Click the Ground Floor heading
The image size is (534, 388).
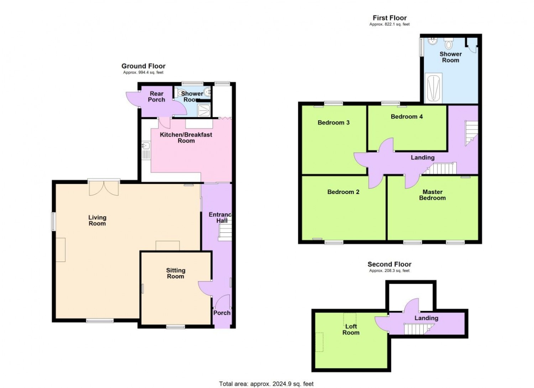click(x=143, y=66)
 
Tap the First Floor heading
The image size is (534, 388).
click(x=389, y=18)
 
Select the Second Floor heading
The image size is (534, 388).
click(x=389, y=264)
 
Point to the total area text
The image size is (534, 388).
click(x=266, y=377)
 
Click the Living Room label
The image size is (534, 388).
click(x=97, y=220)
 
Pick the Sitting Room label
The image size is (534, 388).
click(x=176, y=273)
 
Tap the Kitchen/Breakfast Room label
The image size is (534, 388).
click(x=186, y=138)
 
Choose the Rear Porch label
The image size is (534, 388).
click(x=156, y=96)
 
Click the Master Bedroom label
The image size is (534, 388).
click(x=433, y=195)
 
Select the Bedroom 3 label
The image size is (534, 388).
click(x=334, y=122)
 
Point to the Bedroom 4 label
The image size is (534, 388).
click(x=407, y=116)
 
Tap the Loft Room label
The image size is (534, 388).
click(x=351, y=329)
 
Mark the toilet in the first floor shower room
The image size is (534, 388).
click(x=449, y=43)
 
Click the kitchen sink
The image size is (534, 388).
click(x=146, y=145)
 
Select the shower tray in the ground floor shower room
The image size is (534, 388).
click(x=204, y=110)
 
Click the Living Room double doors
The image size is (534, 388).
click(x=104, y=188)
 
